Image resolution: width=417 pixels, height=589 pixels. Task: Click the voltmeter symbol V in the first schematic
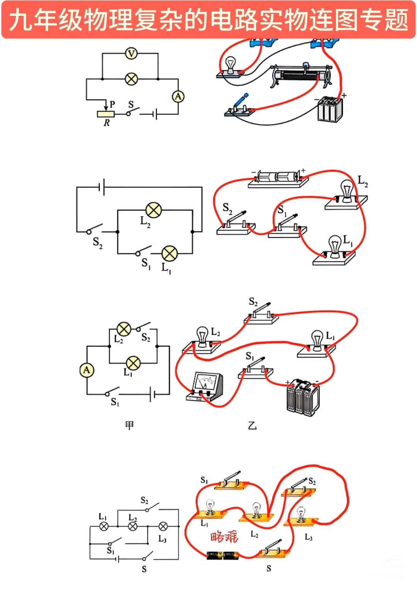click(x=131, y=53)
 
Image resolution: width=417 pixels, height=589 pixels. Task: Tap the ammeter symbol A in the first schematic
click(x=178, y=96)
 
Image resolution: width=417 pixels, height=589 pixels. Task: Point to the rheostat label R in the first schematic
click(x=107, y=123)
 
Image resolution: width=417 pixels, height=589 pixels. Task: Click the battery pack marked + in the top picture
click(x=330, y=109)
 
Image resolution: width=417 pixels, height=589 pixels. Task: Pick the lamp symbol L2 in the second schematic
click(x=154, y=210)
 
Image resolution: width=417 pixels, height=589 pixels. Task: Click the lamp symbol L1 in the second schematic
click(x=170, y=253)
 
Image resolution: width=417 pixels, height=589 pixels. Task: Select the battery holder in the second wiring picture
click(x=278, y=178)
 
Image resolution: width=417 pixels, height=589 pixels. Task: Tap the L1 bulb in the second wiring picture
click(x=334, y=247)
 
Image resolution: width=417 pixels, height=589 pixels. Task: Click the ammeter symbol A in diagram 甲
click(x=86, y=370)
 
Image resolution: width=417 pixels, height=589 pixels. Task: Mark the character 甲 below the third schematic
click(x=130, y=425)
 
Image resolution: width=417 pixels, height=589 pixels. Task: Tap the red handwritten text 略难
click(x=224, y=536)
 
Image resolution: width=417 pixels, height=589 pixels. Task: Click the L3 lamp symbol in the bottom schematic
click(x=163, y=526)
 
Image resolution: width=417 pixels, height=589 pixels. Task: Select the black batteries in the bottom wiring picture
click(x=223, y=555)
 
